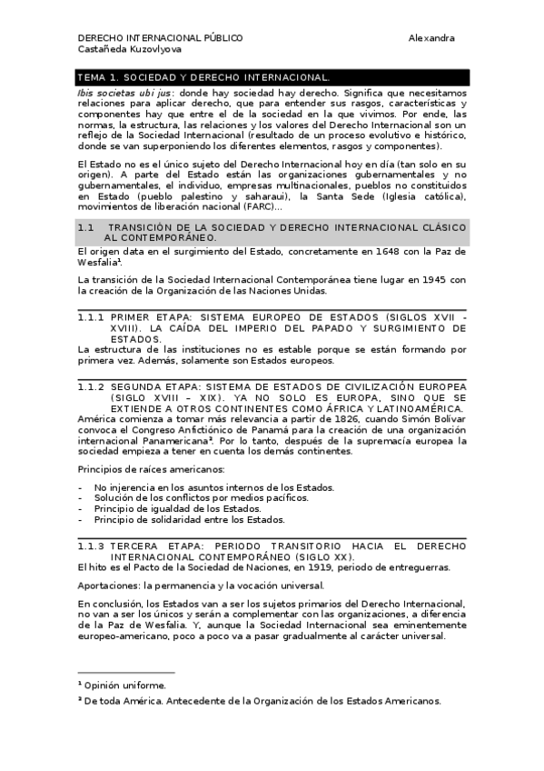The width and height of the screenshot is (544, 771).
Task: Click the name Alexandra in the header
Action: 431,38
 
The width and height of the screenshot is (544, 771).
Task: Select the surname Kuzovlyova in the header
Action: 136,51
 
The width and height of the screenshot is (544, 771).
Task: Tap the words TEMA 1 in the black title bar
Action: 99,78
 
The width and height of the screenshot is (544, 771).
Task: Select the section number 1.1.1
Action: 91,316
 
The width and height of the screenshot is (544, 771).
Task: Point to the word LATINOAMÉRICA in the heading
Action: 417,409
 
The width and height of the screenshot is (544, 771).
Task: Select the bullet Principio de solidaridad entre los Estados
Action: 190,520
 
